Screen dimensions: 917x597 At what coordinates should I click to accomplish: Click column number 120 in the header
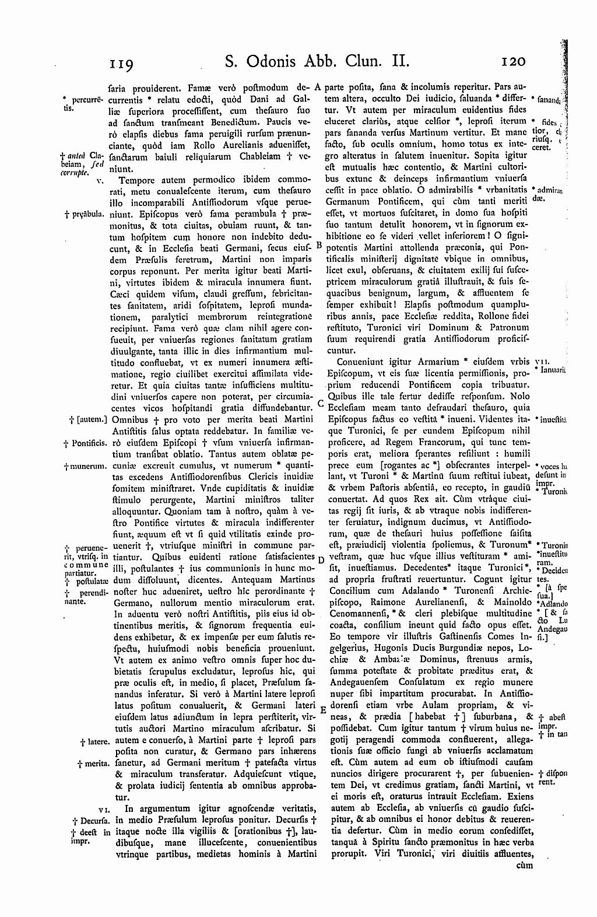coord(513,61)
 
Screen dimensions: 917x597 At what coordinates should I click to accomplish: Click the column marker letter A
coord(318,87)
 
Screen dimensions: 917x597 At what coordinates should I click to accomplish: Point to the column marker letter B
coord(318,246)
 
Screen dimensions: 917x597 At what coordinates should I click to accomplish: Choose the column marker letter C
coord(320,403)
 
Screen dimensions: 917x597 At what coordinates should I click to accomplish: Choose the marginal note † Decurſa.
coord(87,821)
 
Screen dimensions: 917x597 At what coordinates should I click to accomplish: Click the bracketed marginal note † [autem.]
coord(87,419)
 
